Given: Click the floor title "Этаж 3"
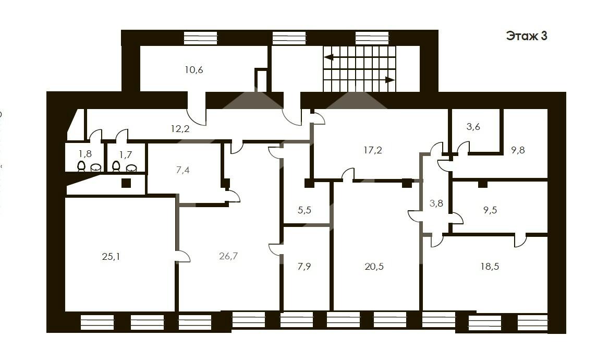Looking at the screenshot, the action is (527, 36).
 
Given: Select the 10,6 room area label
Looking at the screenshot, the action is (194, 70).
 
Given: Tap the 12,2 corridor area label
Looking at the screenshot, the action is (180, 129).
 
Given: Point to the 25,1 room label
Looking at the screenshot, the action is (111, 257).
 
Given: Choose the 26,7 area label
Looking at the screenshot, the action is (228, 256).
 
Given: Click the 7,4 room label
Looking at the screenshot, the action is (182, 170).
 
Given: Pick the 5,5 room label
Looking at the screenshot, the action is (304, 210).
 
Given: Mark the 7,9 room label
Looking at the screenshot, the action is (304, 267).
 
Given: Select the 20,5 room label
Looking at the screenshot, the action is (374, 267).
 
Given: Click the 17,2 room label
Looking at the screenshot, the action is (373, 150).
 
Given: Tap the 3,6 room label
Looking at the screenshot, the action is (473, 127).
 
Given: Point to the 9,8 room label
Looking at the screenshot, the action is (518, 150).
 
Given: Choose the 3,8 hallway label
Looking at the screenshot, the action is (436, 203).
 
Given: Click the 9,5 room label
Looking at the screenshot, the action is (490, 210).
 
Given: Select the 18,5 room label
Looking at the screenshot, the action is (490, 267).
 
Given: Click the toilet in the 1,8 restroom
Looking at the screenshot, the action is (81, 166).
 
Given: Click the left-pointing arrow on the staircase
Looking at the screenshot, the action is (329, 57).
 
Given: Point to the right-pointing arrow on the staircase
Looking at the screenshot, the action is (390, 80).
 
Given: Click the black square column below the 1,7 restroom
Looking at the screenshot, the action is (126, 183).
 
